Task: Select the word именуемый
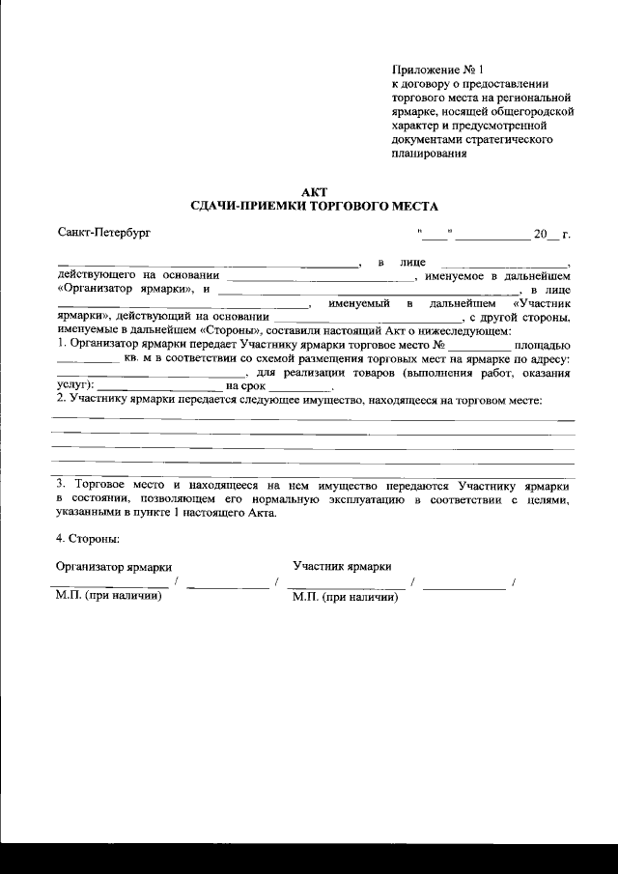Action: pos(359,303)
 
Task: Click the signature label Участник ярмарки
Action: pos(342,566)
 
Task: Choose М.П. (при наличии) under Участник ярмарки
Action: pos(345,598)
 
